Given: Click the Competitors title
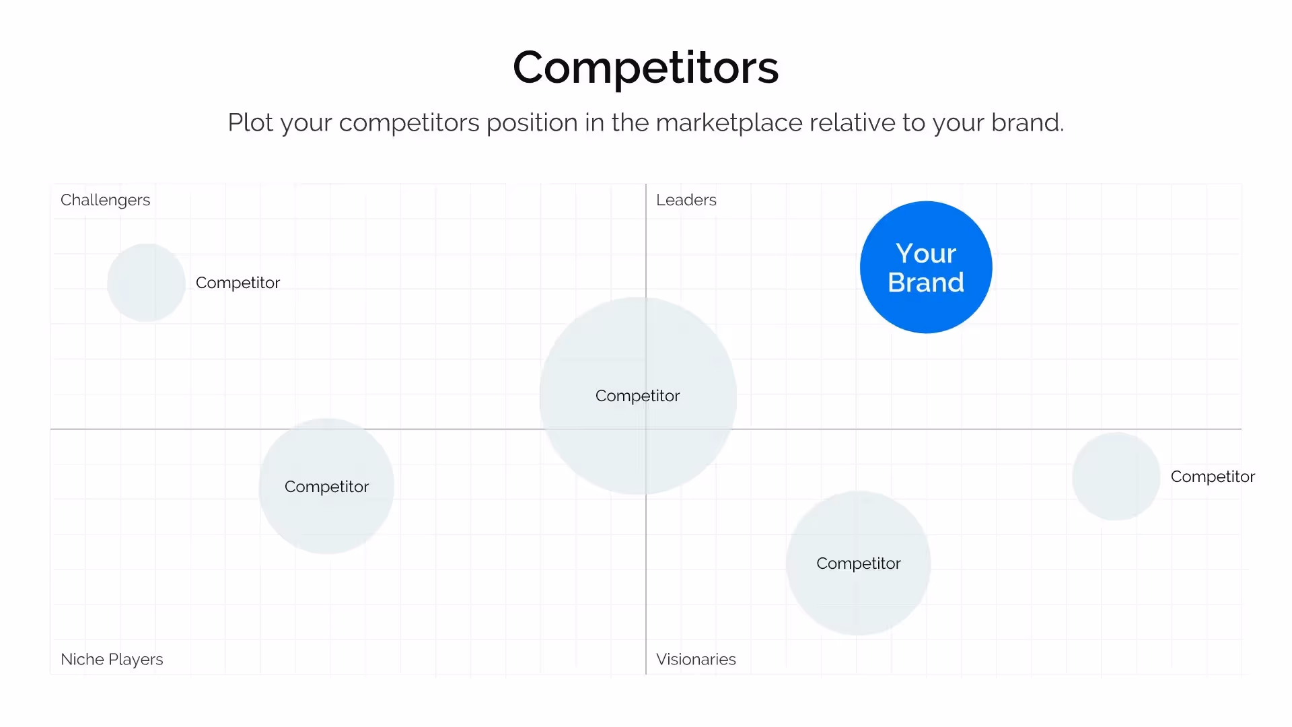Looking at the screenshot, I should (x=645, y=68).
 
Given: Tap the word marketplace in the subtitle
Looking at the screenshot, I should (x=729, y=123).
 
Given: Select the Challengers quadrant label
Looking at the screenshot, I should (x=105, y=200).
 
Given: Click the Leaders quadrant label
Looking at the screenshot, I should (x=686, y=200).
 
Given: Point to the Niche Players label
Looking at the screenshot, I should (x=112, y=659).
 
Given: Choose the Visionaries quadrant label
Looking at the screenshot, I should (x=696, y=659).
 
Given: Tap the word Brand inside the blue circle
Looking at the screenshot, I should (x=926, y=283).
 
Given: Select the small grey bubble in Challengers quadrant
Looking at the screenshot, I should (x=146, y=283).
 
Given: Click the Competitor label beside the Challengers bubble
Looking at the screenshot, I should (x=238, y=283).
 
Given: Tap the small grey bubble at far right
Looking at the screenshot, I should (x=1116, y=477).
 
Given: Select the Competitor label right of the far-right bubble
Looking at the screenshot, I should (x=1213, y=477).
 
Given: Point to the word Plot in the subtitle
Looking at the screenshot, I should (x=250, y=123).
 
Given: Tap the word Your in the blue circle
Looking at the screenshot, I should (x=926, y=253).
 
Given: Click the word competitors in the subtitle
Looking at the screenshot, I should (x=408, y=123).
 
